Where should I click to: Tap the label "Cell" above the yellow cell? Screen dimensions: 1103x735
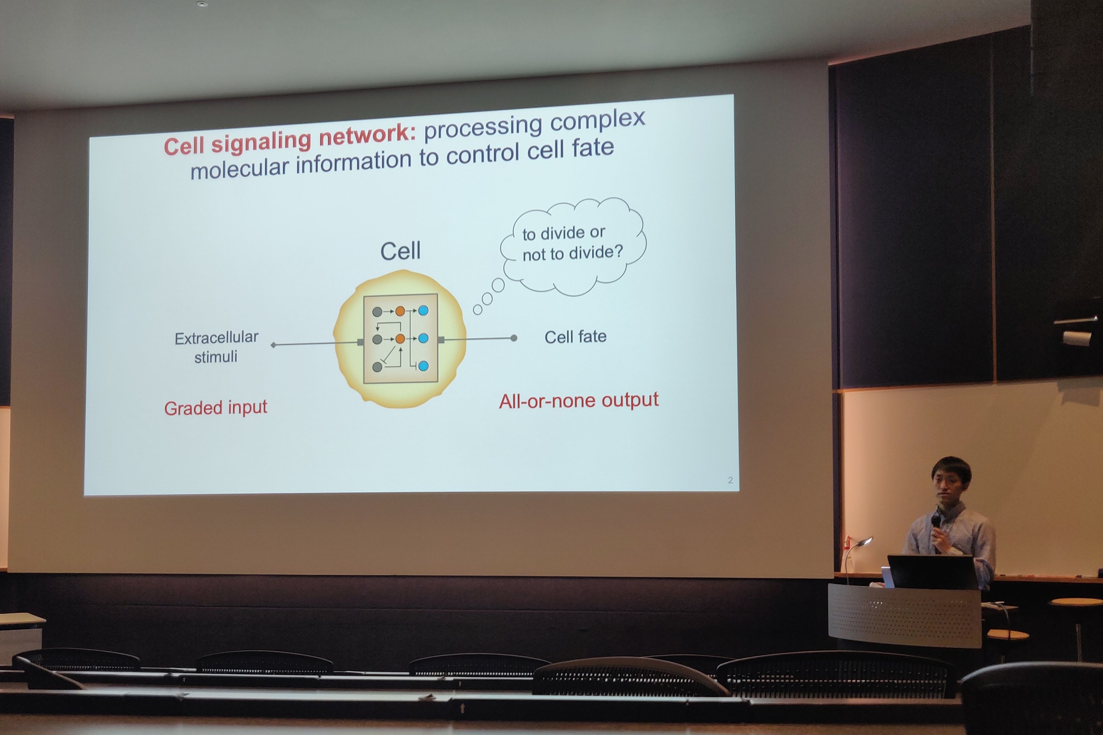(400, 251)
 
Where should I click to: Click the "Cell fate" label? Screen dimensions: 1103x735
(575, 337)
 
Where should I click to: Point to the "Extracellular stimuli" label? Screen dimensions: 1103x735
(216, 347)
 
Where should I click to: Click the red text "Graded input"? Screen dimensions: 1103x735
(216, 408)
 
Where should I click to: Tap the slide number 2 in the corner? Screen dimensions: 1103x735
(730, 480)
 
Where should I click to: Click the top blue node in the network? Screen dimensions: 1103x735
(423, 310)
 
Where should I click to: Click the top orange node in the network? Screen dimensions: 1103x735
(400, 311)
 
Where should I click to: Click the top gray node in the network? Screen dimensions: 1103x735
(377, 312)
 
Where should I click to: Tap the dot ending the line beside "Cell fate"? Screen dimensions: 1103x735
(514, 338)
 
